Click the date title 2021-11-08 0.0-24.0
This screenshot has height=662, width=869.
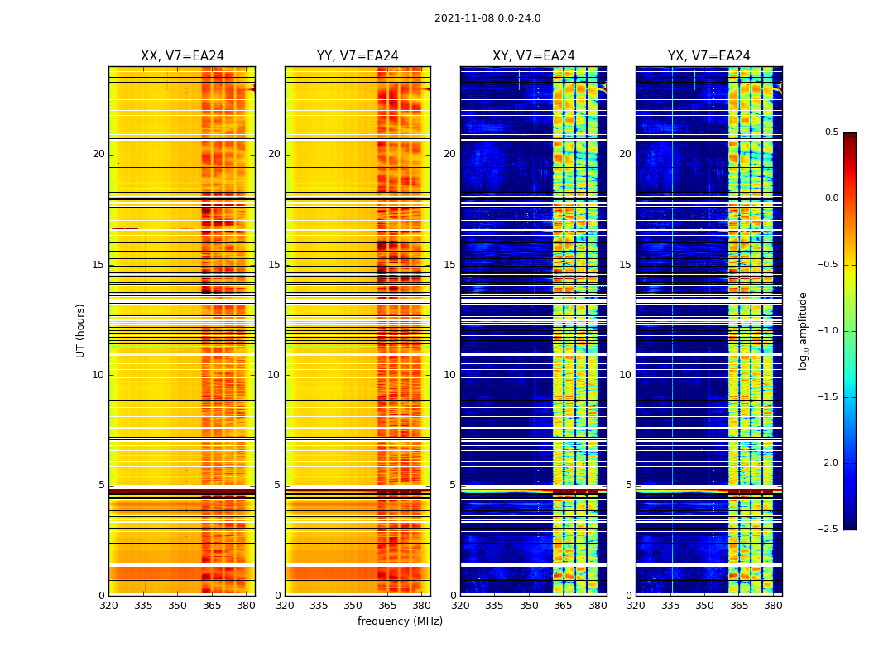487,18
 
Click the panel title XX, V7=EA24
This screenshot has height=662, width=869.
182,56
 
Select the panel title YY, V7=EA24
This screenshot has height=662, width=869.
358,56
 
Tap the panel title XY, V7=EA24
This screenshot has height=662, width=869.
534,56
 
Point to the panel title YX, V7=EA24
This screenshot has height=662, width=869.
709,56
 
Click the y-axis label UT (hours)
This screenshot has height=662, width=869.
80,330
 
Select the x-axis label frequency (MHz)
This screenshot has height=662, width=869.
400,621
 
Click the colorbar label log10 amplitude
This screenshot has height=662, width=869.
803,330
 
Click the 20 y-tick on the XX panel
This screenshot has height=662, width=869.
98,154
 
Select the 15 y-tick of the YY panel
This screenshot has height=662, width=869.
274,265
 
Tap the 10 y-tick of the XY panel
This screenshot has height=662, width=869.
449,375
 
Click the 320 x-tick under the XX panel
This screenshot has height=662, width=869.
108,606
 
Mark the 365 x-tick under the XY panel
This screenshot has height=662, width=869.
563,606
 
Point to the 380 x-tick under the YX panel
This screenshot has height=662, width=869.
773,606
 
